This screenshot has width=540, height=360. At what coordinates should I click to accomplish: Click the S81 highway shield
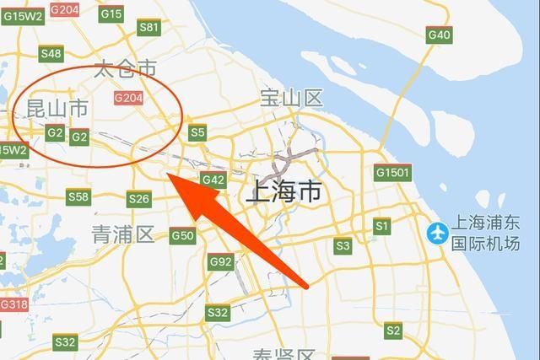pyautogui.click(x=148, y=28)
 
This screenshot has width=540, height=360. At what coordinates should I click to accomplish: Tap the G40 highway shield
pyautogui.click(x=439, y=35)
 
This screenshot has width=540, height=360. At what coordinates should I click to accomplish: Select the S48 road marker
pyautogui.click(x=51, y=54)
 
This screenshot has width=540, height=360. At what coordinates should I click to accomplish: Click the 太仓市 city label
pyautogui.click(x=126, y=67)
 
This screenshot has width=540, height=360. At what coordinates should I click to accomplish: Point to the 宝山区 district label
pyautogui.click(x=292, y=99)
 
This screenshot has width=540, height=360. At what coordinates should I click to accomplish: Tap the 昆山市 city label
pyautogui.click(x=57, y=109)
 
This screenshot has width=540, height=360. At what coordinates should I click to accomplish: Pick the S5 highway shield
pyautogui.click(x=197, y=132)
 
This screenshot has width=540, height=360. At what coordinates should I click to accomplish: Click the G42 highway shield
pyautogui.click(x=213, y=180)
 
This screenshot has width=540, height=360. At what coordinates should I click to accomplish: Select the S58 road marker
pyautogui.click(x=78, y=197)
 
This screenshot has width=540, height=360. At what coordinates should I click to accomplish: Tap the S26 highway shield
pyautogui.click(x=138, y=199)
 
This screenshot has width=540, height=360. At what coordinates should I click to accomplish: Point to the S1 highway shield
pyautogui.click(x=382, y=227)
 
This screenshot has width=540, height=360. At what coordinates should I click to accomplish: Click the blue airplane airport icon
pyautogui.click(x=438, y=231)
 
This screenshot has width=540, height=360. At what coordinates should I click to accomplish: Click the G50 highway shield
pyautogui.click(x=183, y=236)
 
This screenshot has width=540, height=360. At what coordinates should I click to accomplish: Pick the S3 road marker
pyautogui.click(x=342, y=246)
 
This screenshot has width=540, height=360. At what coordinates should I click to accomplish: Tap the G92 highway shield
pyautogui.click(x=220, y=262)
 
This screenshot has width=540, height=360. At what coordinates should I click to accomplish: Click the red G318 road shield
pyautogui.click(x=13, y=304)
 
